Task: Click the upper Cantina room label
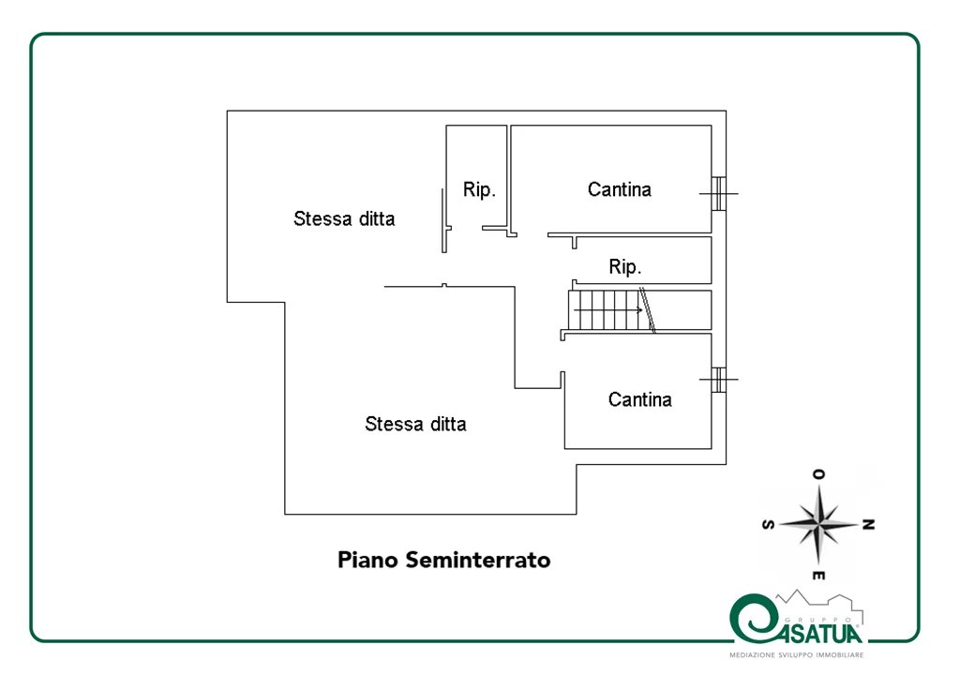tap(620, 189)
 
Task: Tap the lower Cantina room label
tap(639, 399)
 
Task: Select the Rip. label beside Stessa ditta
tap(479, 189)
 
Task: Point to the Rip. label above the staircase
tap(625, 267)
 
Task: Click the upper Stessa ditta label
tap(344, 218)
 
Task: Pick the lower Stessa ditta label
tap(415, 424)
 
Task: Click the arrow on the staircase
tap(608, 309)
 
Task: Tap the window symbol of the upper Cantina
tap(719, 193)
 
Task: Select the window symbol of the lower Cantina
tap(719, 379)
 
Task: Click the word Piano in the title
tap(367, 560)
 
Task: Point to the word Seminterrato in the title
tap(478, 560)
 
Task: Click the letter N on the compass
tap(869, 525)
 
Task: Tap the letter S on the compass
tap(769, 525)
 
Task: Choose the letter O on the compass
tap(818, 474)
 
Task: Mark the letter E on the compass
tap(818, 576)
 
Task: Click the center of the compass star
tap(819, 525)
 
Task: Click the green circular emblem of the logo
tap(754, 619)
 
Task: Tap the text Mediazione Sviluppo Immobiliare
tap(797, 655)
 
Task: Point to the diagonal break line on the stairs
tap(647, 309)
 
